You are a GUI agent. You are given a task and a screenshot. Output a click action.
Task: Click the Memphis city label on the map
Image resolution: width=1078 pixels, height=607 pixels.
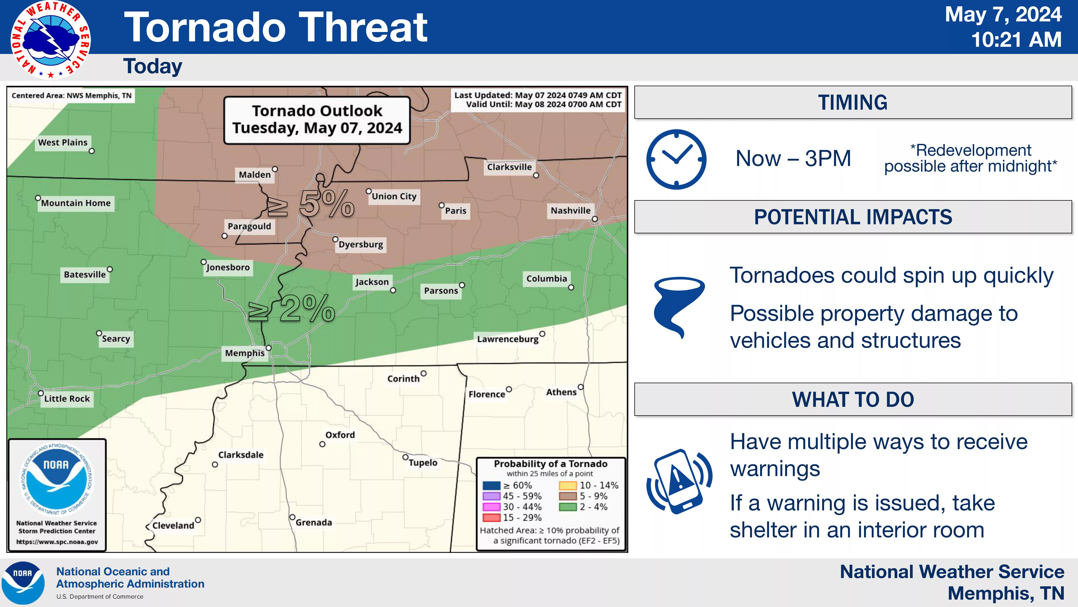(245, 353)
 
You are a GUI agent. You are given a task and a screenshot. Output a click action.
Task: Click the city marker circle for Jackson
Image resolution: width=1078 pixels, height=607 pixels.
(393, 290)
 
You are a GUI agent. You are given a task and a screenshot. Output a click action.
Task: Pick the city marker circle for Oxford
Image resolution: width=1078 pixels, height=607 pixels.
(322, 444)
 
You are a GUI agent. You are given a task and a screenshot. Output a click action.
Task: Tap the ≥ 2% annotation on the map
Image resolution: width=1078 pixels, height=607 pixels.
(292, 308)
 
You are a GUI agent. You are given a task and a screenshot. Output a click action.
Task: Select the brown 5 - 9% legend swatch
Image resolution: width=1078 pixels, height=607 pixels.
(568, 496)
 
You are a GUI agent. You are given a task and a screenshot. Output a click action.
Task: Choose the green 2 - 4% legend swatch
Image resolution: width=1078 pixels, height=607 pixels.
(568, 507)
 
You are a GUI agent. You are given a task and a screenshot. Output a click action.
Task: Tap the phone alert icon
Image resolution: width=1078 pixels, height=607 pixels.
(679, 481)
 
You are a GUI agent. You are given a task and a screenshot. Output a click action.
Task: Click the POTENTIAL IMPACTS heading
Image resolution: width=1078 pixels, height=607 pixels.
(853, 217)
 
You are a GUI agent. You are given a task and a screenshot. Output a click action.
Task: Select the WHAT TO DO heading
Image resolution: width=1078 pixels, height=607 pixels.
(853, 399)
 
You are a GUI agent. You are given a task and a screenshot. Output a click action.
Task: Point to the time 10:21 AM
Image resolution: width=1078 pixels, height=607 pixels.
(1016, 40)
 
